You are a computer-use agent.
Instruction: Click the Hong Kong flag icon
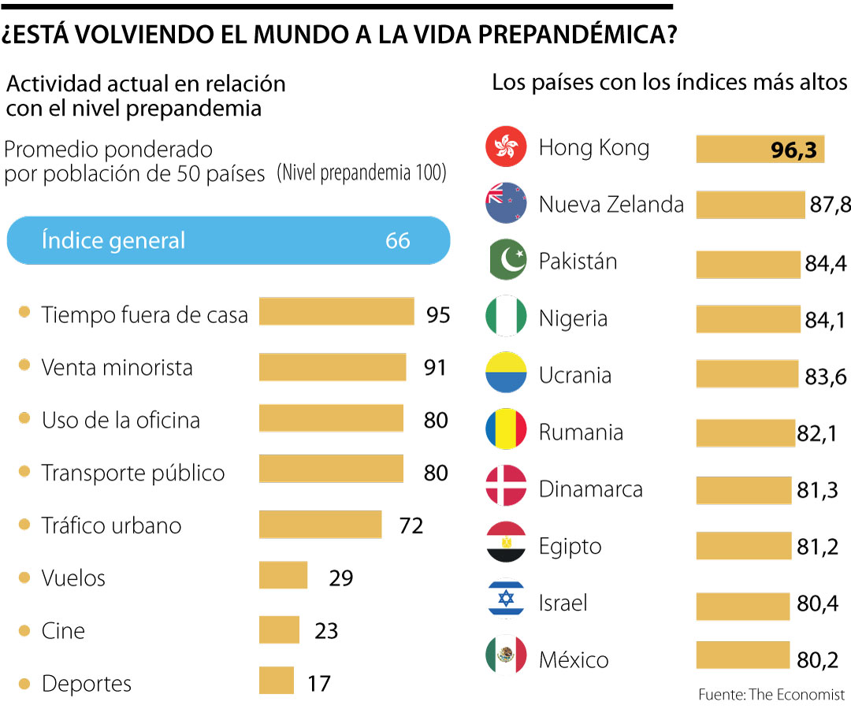pos(506,147)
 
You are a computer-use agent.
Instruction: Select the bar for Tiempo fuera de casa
pos(336,311)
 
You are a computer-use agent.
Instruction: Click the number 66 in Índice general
pos(398,240)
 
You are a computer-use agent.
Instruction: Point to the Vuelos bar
pos(283,575)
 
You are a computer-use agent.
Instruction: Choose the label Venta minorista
pos(117,367)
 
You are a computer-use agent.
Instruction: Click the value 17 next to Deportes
pos(318,682)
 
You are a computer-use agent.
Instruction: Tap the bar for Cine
pos(279,629)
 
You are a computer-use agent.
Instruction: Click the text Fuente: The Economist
pos(771,695)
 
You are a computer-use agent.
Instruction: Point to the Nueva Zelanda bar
pos(750,204)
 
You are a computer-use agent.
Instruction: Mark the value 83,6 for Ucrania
pos(826,377)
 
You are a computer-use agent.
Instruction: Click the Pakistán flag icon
pos(506,261)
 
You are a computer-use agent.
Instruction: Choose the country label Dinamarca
pos(590,489)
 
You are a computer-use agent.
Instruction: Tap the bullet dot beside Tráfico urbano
pos(24,524)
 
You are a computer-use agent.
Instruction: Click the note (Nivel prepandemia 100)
pos(361,173)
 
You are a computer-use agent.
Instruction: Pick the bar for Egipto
pos(743,546)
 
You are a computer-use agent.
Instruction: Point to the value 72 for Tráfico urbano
pos(411,525)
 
